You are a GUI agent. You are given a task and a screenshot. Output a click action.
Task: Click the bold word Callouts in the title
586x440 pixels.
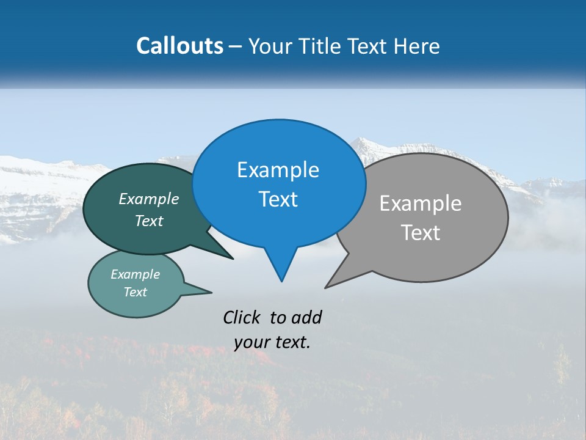pos(179,46)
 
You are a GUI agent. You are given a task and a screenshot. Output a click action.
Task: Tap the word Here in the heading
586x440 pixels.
pos(417,46)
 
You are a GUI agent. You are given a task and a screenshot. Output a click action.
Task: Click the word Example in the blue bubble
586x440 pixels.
pos(278,170)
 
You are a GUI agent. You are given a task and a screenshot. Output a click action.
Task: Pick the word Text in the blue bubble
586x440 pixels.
pos(278,199)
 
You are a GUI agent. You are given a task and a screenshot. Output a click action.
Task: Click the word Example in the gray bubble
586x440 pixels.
pos(421,204)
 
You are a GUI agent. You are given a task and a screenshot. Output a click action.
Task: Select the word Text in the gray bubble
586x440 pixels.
pos(421,232)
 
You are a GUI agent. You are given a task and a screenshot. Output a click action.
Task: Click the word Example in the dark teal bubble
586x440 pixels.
pos(149,199)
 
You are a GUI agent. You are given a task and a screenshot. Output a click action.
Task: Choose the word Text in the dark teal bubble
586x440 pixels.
pos(149,221)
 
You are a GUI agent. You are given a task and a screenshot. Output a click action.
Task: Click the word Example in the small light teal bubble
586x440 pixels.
pos(136,274)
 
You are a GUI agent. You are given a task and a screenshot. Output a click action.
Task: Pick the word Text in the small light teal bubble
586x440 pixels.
pos(136,292)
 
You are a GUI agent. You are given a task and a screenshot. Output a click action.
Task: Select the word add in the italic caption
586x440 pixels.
pos(306,317)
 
